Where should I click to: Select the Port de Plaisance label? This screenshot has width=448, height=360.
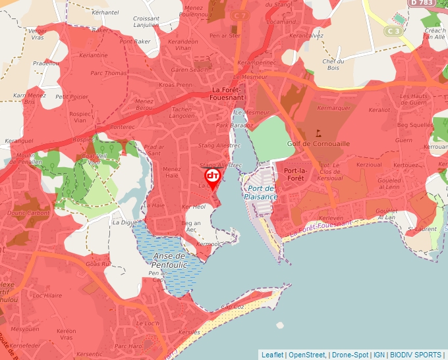point(261,192)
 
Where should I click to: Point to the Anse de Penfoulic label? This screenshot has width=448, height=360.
point(171,260)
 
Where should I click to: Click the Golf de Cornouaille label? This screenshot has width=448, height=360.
point(318,143)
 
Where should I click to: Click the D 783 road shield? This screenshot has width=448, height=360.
point(422,3)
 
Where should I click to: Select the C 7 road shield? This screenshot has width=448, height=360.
point(240,15)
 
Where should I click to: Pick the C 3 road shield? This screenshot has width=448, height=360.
point(394,30)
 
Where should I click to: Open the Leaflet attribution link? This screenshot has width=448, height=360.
point(272,355)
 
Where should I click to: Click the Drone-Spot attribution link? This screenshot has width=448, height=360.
point(350,355)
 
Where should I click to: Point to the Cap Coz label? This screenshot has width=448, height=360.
point(233,306)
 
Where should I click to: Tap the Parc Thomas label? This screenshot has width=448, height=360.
point(108,73)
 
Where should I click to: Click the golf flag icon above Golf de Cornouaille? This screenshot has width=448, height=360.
point(320,133)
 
